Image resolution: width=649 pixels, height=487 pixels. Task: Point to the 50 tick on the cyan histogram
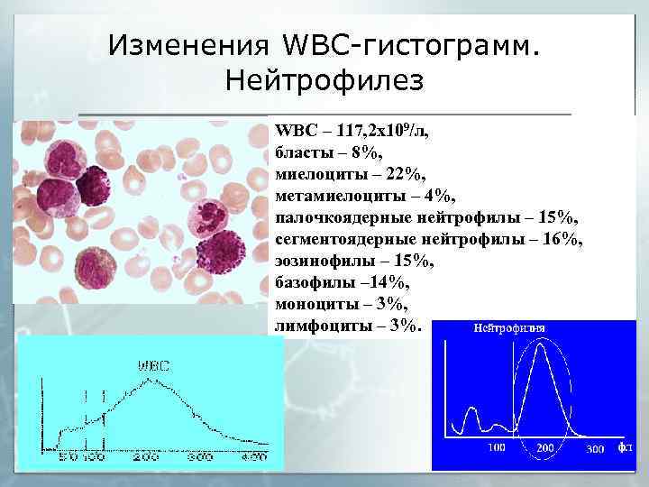(68, 458)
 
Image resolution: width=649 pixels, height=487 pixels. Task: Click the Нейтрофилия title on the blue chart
(509, 327)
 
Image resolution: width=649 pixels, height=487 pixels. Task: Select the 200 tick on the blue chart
(545, 448)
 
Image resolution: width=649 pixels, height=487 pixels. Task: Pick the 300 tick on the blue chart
(595, 448)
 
